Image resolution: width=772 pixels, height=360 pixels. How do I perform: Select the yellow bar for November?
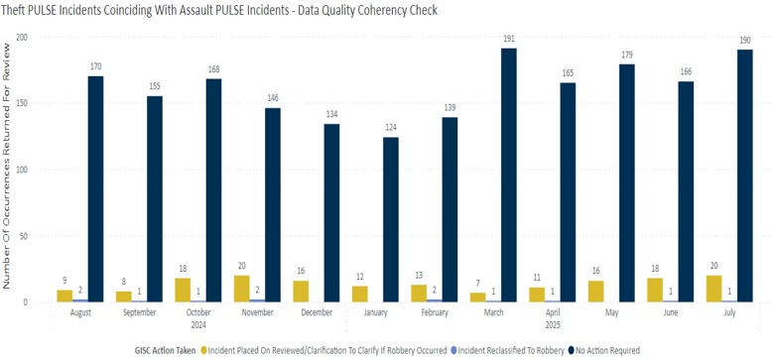(242, 289)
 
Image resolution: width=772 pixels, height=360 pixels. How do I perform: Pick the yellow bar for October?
(184, 290)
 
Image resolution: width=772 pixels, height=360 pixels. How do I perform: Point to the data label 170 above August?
(95, 67)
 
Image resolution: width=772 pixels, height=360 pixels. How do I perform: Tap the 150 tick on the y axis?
(23, 103)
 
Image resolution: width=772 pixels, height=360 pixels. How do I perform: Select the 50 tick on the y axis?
(26, 235)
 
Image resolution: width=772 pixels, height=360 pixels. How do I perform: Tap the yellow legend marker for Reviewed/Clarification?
(203, 349)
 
